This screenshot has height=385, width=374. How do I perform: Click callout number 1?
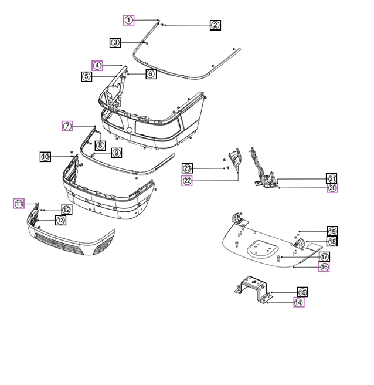pos(129,20)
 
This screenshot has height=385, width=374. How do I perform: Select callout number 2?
pos(215,25)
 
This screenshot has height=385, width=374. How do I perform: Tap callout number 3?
pos(115,42)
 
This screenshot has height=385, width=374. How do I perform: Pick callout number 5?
pos(86,76)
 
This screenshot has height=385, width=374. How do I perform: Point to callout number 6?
pos(150,74)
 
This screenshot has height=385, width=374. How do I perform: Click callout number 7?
pos(67,126)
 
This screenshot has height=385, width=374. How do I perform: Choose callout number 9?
pos(116,153)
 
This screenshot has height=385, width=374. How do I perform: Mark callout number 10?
pos(46,157)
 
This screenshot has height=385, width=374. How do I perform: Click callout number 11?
pos(19,204)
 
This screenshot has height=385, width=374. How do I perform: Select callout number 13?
pos(60,220)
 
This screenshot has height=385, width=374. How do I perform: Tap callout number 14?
pos(299,303)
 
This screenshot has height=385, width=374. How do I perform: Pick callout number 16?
pos(324,267)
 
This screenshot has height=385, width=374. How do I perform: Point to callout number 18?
pos(332,241)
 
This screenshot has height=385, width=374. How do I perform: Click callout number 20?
pos(332,188)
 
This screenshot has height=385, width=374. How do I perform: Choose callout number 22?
pos(187,180)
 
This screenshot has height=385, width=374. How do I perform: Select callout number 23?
pos(187,168)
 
